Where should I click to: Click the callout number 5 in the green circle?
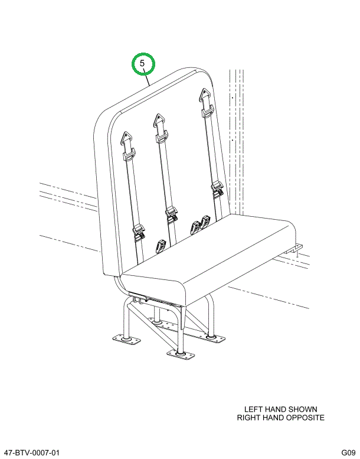(x=142, y=63)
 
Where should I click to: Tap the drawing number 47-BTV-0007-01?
(x=32, y=453)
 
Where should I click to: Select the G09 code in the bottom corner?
(x=348, y=453)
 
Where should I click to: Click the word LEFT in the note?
(x=253, y=409)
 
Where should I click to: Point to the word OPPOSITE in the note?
(x=305, y=418)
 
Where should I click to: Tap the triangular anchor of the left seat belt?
(x=126, y=138)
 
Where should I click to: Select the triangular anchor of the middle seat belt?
(x=159, y=121)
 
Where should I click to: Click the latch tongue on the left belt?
(x=139, y=233)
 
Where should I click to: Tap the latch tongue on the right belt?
(x=218, y=189)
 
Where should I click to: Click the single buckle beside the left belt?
(x=161, y=246)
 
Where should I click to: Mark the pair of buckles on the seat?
(x=200, y=224)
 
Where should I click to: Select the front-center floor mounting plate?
(x=181, y=354)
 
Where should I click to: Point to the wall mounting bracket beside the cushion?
(x=293, y=249)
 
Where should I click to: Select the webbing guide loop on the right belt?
(x=208, y=112)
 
